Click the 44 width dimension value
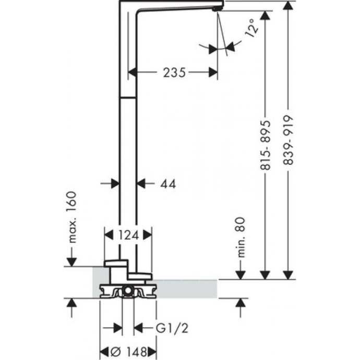[x=168, y=184]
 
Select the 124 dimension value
[x=128, y=235]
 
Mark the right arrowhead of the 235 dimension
[x=213, y=73]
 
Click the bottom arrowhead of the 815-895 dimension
[x=265, y=274]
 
